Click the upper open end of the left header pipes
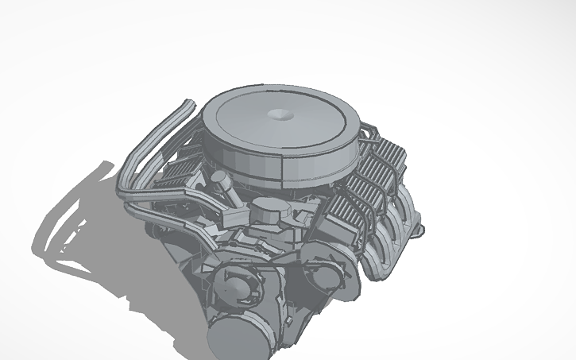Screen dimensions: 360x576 (187, 104)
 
